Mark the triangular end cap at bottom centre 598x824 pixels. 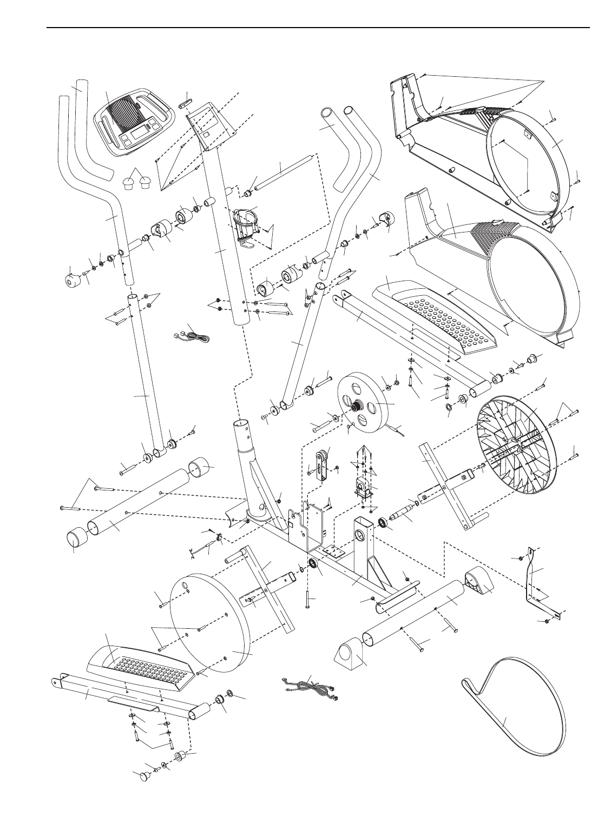pyautogui.click(x=351, y=655)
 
